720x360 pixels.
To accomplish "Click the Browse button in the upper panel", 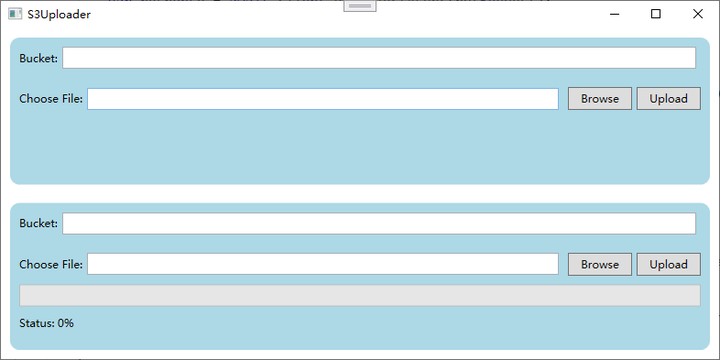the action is tap(600, 99).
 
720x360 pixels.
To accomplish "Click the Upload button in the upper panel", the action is tap(668, 99).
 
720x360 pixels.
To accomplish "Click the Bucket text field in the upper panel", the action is tap(379, 58).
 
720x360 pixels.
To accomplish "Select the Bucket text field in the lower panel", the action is tap(379, 223).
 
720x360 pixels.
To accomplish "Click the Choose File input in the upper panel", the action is tap(323, 99).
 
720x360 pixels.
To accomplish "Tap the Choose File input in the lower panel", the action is tap(323, 264).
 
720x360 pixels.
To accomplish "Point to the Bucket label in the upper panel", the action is tap(39, 59).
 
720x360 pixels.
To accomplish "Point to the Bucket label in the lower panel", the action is tap(39, 224).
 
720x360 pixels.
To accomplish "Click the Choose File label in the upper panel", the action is tap(51, 99).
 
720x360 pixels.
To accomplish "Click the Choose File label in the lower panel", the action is tap(51, 265).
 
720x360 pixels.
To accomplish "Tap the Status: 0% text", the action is tap(46, 323).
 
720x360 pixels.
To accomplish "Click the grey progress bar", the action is tap(360, 295).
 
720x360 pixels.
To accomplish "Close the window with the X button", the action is tap(697, 14).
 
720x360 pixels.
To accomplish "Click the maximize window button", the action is tap(656, 14).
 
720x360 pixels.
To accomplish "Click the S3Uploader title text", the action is tap(59, 14).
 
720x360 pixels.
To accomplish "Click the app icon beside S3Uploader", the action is tap(15, 14).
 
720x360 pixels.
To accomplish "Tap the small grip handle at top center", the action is tap(360, 6).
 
